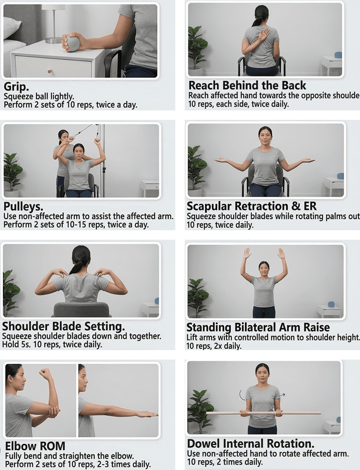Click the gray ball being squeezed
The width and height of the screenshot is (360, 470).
(72, 44)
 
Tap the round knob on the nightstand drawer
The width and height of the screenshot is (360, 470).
(50, 71)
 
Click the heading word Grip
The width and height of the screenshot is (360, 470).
(16, 87)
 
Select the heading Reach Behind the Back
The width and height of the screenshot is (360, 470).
(247, 85)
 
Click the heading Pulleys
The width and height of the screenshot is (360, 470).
(23, 207)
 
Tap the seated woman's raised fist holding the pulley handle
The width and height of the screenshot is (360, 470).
(97, 142)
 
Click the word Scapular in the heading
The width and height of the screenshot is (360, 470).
(209, 206)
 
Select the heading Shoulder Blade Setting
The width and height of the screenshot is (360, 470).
(64, 326)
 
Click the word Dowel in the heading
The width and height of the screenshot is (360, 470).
(203, 444)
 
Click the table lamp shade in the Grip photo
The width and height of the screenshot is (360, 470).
(53, 7)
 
